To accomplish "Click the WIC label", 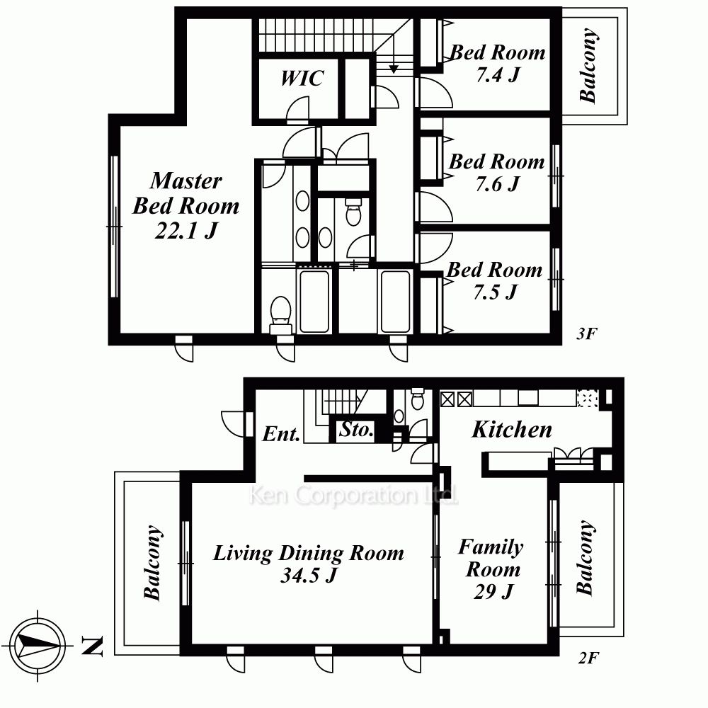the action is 302,78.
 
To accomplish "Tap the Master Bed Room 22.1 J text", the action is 186,205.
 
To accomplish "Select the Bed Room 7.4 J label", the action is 498,63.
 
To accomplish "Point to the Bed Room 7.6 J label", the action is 497,172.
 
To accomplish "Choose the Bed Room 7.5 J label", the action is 494,281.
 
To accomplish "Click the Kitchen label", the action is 512,430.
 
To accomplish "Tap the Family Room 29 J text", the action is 492,569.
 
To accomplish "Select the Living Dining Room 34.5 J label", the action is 309,564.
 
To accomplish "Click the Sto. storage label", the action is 356,430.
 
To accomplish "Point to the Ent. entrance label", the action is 281,434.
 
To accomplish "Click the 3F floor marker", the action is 586,333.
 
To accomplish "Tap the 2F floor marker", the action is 589,658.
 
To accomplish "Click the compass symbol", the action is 37,645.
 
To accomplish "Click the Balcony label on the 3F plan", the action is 588,65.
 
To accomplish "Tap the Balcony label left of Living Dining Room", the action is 153,563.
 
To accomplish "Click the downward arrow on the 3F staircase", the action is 394,53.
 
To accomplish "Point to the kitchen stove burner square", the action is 587,399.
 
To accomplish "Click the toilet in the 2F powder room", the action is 418,398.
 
